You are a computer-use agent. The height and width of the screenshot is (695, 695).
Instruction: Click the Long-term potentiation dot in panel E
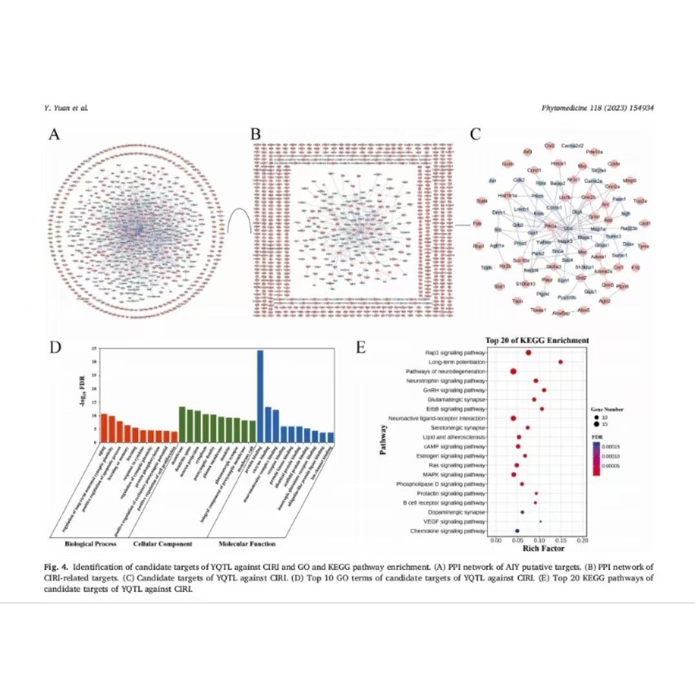[x=560, y=362]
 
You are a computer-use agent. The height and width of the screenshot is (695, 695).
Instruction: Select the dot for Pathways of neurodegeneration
[x=513, y=371]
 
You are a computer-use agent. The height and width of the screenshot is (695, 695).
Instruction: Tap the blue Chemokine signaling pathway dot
[x=517, y=531]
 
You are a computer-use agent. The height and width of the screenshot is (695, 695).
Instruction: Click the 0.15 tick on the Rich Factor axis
[x=561, y=540]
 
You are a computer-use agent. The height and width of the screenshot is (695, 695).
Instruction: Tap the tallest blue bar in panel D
[x=260, y=396]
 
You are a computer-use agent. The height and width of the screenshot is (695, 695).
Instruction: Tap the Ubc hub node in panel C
[x=568, y=228]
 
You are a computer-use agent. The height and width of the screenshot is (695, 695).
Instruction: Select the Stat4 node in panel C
[x=481, y=202]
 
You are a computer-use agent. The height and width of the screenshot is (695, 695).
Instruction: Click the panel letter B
[x=256, y=134]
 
